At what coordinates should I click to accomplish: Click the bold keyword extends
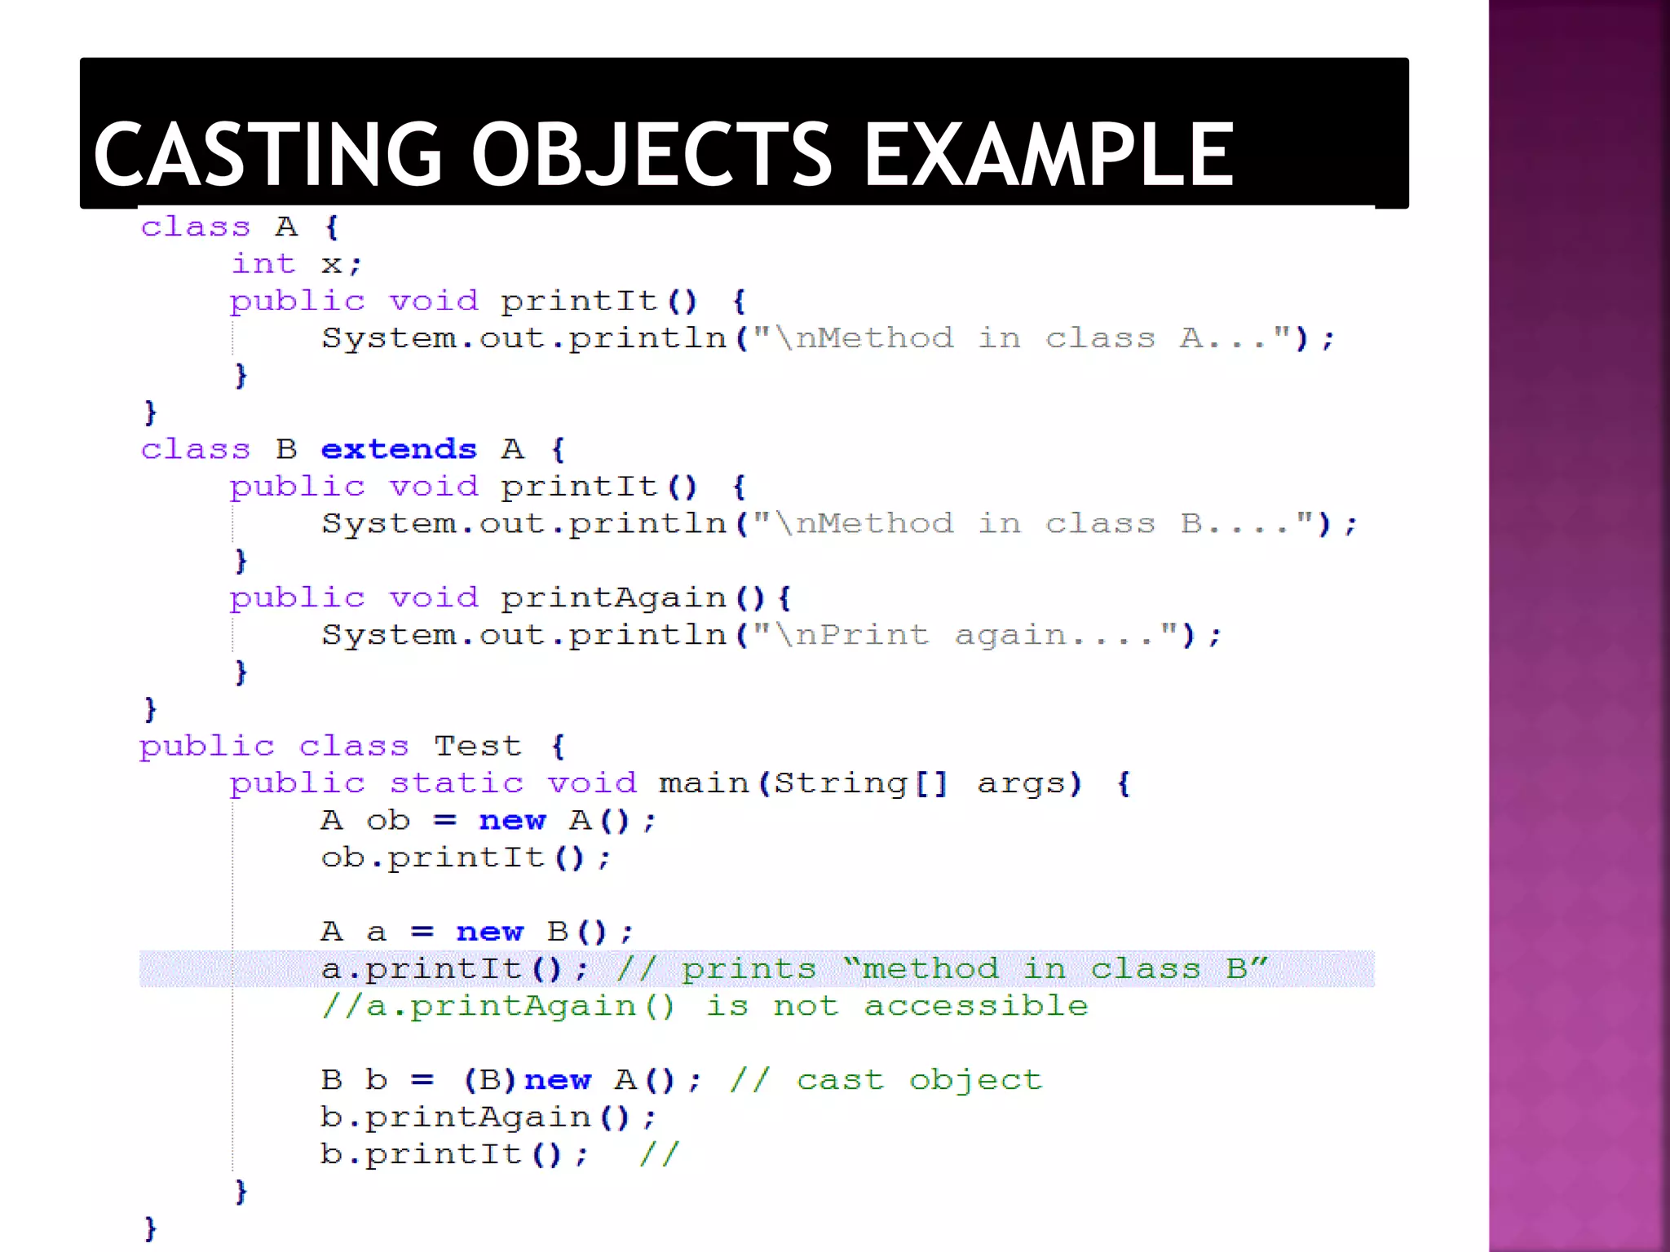399,449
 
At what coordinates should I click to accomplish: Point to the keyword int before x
263,264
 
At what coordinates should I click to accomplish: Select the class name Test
477,746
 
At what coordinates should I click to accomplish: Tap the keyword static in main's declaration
456,783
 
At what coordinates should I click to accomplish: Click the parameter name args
1029,783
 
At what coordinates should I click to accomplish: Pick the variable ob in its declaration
387,820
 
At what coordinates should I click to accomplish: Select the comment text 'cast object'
919,1080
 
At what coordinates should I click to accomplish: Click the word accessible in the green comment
976,1006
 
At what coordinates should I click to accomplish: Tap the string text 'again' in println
1010,635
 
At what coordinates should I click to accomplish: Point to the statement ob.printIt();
465,857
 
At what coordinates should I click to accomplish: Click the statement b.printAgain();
488,1118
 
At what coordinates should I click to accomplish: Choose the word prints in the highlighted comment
749,969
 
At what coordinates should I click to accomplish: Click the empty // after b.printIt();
659,1154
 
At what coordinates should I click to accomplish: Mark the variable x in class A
331,264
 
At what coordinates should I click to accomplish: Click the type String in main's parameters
840,783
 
